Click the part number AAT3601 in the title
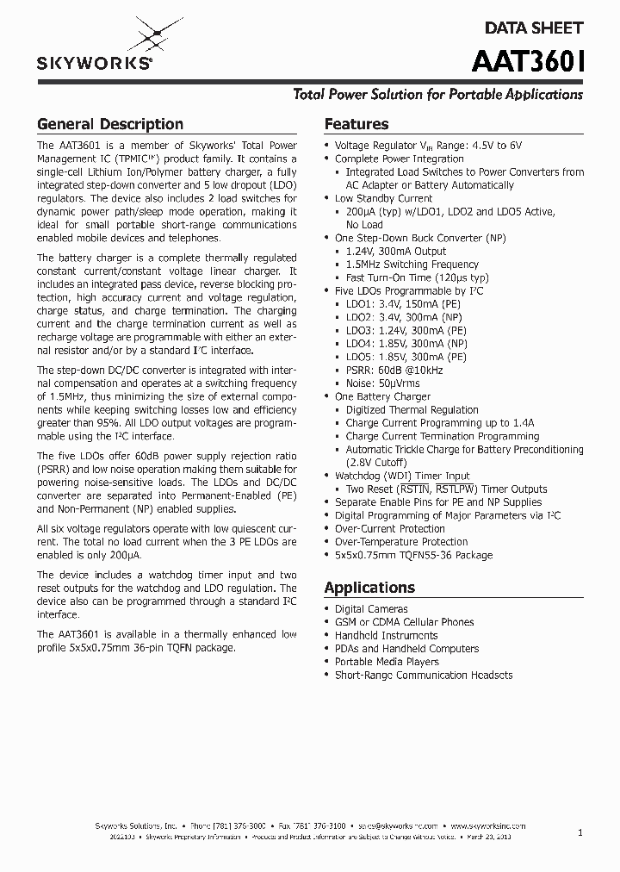click(x=527, y=62)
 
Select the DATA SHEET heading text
click(x=533, y=28)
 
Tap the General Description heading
click(x=109, y=124)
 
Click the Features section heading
click(x=356, y=124)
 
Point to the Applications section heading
click(x=369, y=588)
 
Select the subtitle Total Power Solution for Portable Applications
click(x=438, y=95)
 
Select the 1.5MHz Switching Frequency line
click(x=412, y=265)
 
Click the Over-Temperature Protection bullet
click(x=400, y=542)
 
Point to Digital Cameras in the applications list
click(x=371, y=608)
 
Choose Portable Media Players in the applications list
click(x=387, y=662)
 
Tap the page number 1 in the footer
click(x=580, y=832)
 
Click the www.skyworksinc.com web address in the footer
click(x=487, y=825)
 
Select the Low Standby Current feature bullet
click(x=383, y=198)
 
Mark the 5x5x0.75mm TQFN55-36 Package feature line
click(x=413, y=555)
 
